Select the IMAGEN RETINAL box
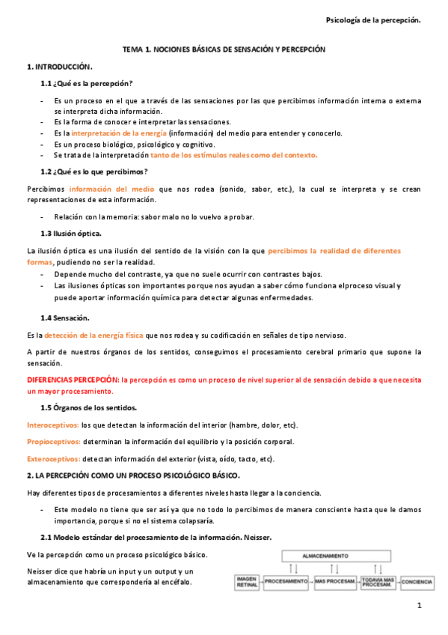click(x=247, y=581)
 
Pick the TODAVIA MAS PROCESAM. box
click(x=377, y=581)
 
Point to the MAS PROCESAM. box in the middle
click(x=333, y=581)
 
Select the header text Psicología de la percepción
click(x=374, y=20)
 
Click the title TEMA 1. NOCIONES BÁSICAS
click(x=224, y=48)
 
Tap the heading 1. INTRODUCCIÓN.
click(x=60, y=67)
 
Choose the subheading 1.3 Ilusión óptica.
click(x=72, y=233)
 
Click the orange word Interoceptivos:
click(x=52, y=425)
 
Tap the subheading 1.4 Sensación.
click(x=66, y=317)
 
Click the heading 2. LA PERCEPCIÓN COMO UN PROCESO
click(x=134, y=476)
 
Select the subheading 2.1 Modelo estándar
click(x=156, y=538)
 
